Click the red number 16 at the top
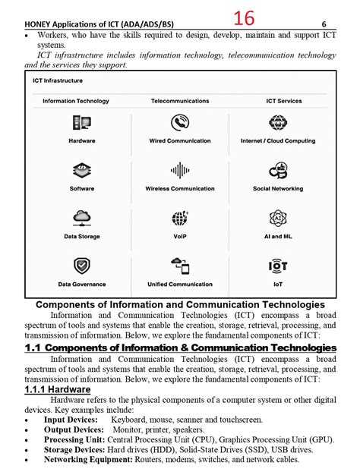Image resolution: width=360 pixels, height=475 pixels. pos(244,18)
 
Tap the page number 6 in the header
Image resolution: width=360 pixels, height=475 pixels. pos(334,24)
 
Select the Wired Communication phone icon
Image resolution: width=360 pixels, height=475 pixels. pos(180,123)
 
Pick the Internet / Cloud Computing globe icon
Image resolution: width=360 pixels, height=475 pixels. pos(278,123)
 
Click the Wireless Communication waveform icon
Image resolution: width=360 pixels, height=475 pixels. pos(180,171)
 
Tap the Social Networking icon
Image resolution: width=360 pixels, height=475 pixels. pos(278,171)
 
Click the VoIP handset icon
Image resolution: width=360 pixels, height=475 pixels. pos(180,219)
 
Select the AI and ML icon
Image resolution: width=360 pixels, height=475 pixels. pos(278,219)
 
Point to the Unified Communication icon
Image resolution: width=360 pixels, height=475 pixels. pos(180,266)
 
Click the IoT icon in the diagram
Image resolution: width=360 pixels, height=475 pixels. pos(278,266)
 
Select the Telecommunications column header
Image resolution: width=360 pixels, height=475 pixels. pos(180,101)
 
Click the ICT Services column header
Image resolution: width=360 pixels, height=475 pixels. pos(283,101)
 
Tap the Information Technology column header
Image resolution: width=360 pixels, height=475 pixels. pos(76,101)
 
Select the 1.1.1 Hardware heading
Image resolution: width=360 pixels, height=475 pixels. pos(58,389)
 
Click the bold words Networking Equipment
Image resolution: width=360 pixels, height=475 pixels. pos(81,459)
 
